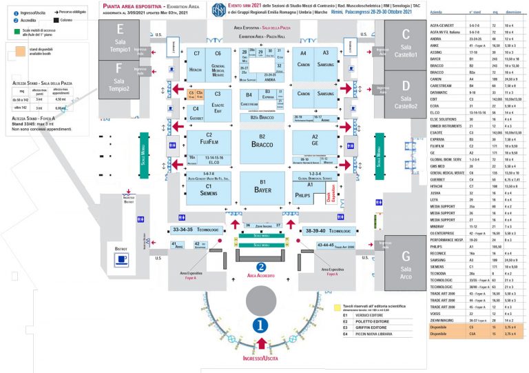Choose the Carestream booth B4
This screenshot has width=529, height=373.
pyautogui.click(x=249, y=98)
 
